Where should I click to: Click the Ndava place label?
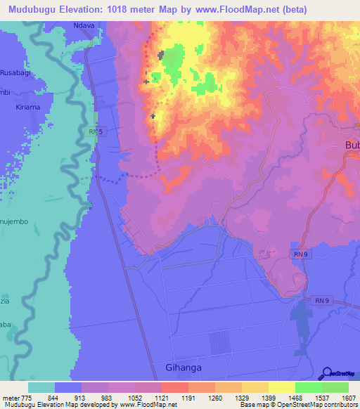pos(84,25)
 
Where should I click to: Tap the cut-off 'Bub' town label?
pos(351,145)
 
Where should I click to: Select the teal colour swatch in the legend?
pos(41,387)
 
